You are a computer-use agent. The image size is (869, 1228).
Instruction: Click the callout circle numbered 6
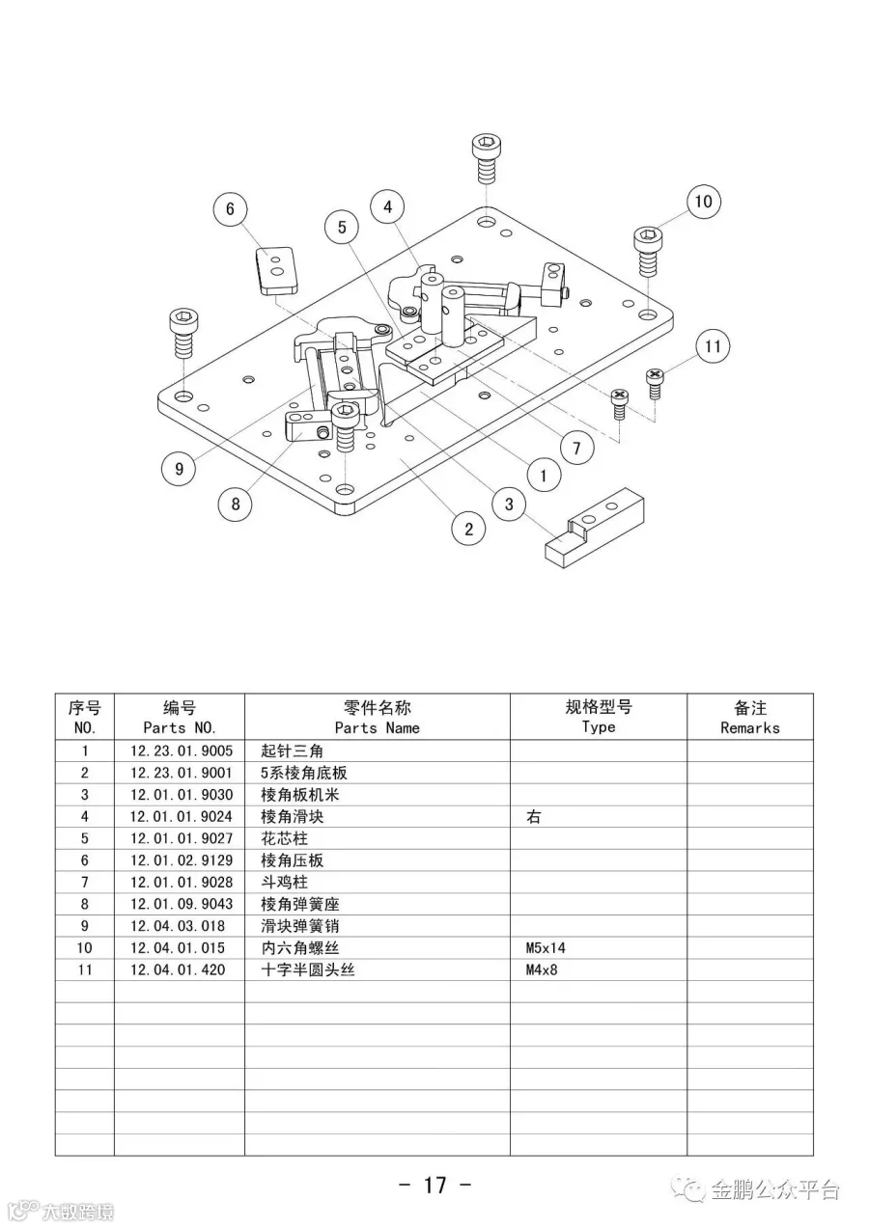click(x=230, y=209)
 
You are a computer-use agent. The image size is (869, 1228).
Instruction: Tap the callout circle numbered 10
click(x=703, y=201)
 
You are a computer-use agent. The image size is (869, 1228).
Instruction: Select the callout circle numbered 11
click(x=713, y=346)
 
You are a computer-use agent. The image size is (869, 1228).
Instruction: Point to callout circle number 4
click(x=387, y=206)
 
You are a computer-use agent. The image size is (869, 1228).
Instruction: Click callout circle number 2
click(x=468, y=528)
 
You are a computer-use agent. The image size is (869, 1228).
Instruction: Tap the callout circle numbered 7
click(x=576, y=448)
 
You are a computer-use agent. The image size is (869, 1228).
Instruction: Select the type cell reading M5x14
click(x=546, y=948)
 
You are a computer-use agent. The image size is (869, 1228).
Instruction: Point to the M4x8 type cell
click(x=542, y=969)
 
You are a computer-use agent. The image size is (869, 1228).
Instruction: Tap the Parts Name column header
click(x=377, y=718)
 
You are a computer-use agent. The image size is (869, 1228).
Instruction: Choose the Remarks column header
click(x=749, y=718)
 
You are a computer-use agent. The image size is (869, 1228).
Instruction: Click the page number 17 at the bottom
click(x=434, y=1185)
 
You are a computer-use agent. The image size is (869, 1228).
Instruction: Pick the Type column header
click(x=598, y=717)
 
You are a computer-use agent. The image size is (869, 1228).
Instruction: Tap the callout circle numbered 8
click(x=235, y=503)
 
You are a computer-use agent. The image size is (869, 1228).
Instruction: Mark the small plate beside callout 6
click(x=276, y=269)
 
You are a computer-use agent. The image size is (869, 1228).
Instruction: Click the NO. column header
click(x=84, y=718)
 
